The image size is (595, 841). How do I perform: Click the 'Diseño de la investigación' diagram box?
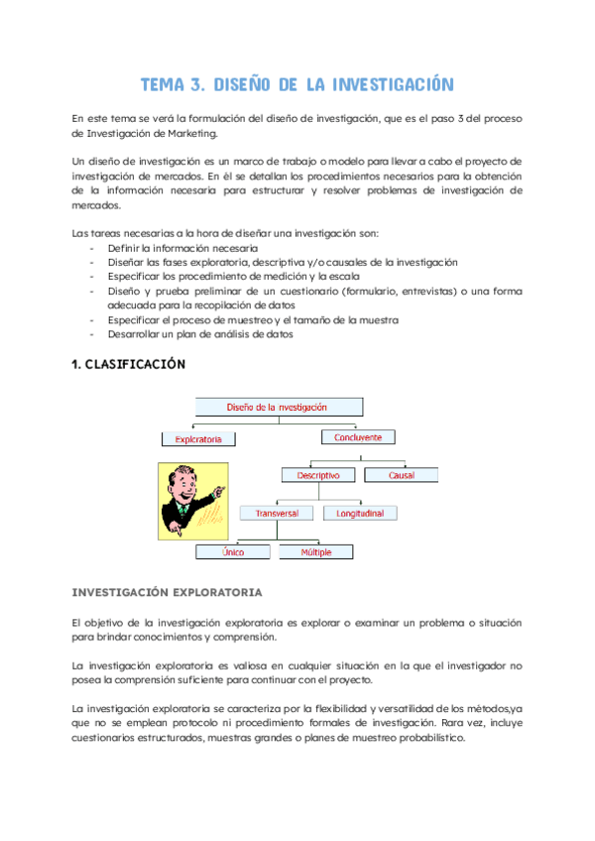pos(277,407)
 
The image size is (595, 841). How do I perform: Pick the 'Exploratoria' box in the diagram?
pos(198,438)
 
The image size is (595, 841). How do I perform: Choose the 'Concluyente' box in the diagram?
pos(358,436)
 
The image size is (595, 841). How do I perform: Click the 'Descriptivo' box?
pos(317,475)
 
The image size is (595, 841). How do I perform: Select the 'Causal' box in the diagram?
pos(402,475)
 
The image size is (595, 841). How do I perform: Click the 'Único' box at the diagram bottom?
pos(234,551)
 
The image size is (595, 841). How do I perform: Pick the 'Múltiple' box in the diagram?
pos(316,551)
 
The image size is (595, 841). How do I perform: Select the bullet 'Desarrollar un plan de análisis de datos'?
pos(199,334)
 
